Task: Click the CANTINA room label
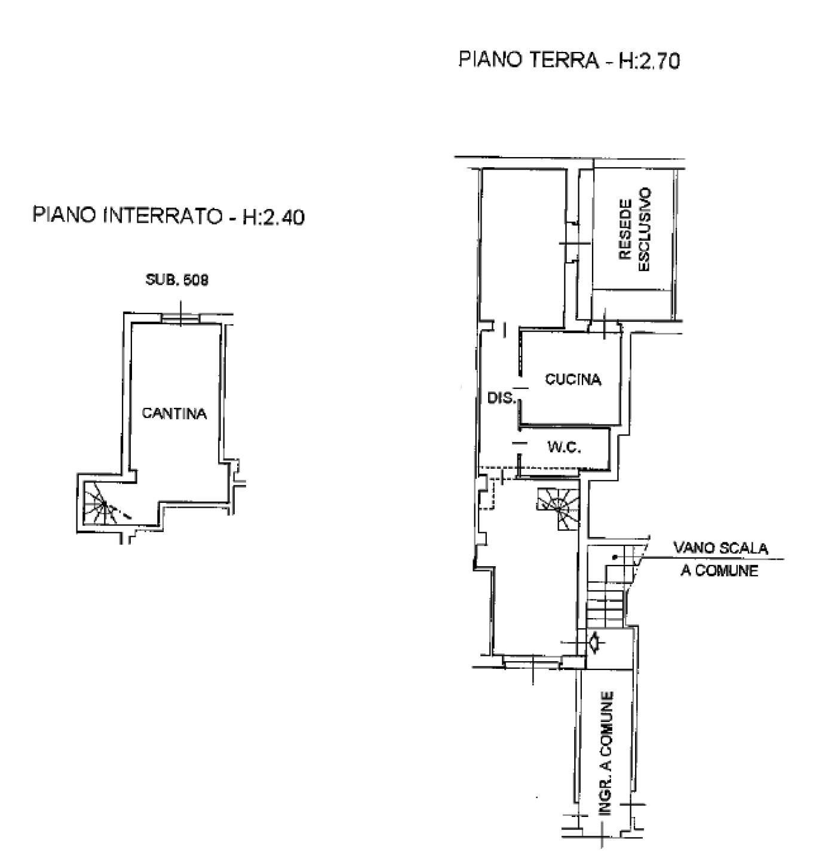coord(174,414)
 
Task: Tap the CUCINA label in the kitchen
coord(573,379)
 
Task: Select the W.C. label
coord(565,448)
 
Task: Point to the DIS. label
coord(502,398)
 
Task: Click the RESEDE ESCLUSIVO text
coord(634,230)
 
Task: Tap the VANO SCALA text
coord(720,548)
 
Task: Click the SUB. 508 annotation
coord(177,279)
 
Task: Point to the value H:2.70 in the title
coord(649,61)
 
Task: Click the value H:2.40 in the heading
coord(274,217)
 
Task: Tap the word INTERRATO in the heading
coord(162,216)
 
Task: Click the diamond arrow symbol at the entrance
coord(594,641)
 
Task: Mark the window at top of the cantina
coord(180,318)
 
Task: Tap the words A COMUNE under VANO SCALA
coord(719,571)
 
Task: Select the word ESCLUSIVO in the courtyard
coord(644,230)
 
